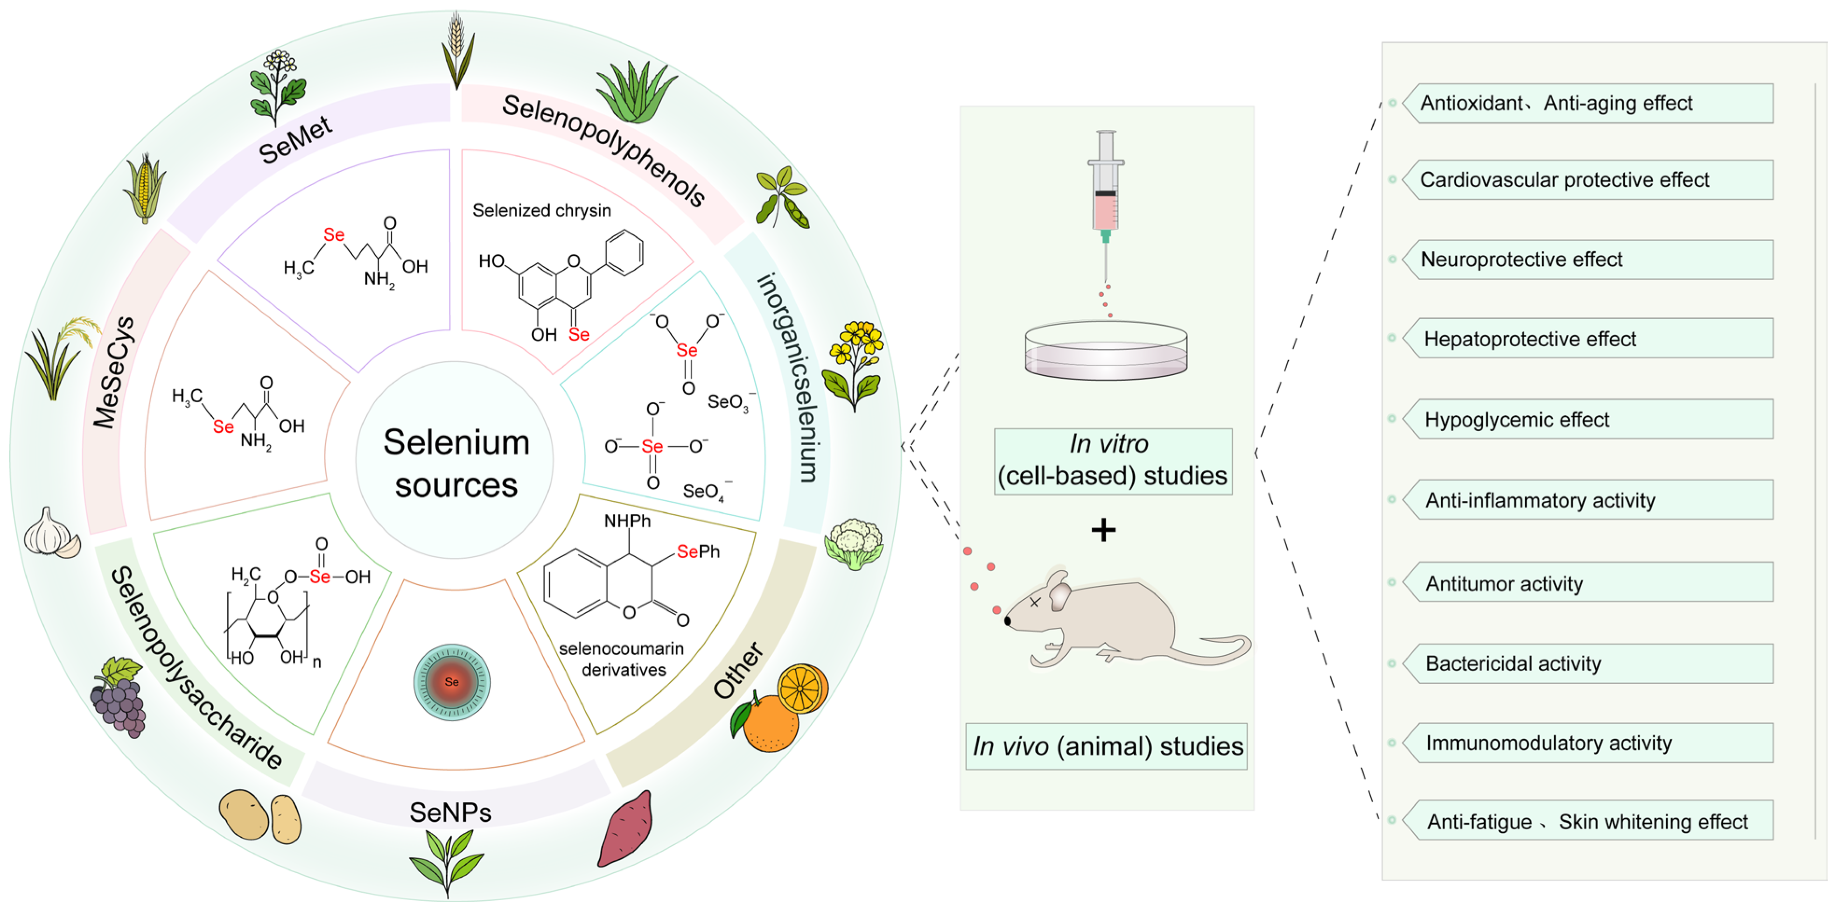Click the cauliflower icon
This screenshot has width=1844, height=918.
854,544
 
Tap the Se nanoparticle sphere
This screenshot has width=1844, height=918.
452,682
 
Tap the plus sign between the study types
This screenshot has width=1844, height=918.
1103,530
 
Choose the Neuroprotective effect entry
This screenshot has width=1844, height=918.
1521,259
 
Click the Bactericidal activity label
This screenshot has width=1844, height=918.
1513,663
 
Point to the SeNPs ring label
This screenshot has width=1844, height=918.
450,812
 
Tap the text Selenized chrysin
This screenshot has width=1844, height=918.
541,210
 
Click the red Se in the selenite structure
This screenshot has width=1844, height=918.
687,350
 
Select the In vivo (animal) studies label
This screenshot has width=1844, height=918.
1107,746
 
